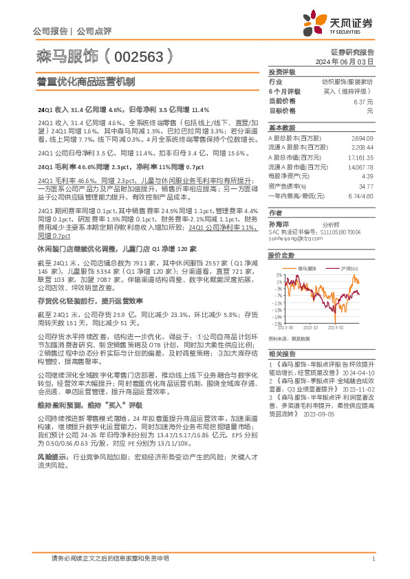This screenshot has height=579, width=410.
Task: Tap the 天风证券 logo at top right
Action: click(344, 24)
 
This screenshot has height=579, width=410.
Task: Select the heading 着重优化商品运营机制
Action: click(85, 82)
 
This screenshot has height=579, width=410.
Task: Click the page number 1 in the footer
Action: click(372, 558)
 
